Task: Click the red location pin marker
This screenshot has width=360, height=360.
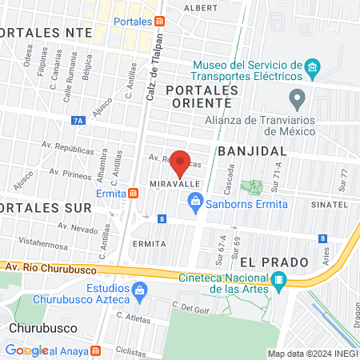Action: click(x=181, y=163)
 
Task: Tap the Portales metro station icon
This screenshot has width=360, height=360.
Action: click(x=161, y=22)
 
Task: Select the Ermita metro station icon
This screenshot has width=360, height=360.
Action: click(x=133, y=193)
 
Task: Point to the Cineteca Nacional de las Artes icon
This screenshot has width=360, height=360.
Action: click(x=278, y=279)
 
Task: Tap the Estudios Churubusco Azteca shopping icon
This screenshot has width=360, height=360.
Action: click(x=140, y=290)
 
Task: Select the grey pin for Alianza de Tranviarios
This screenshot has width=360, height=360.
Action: click(x=298, y=100)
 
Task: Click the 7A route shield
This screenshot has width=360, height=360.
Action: click(x=78, y=120)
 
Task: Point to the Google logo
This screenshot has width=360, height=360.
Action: click(x=26, y=350)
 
